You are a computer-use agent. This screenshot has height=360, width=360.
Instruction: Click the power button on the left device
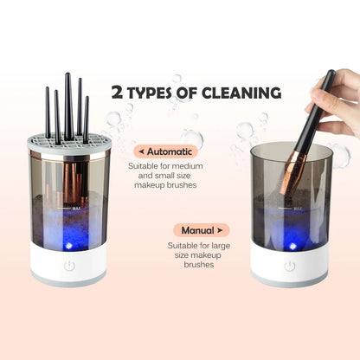pyautogui.click(x=68, y=267)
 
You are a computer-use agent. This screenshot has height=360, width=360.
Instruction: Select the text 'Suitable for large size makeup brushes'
pyautogui.click(x=199, y=255)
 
